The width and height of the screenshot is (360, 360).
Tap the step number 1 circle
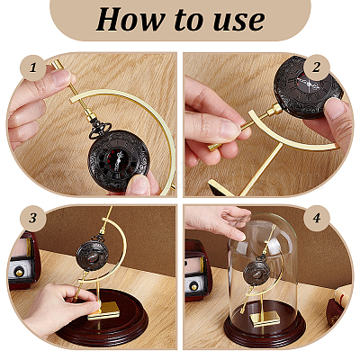33,67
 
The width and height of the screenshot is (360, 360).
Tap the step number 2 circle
317,67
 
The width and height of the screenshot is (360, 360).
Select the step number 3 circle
33,218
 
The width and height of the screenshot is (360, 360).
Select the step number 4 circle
317,218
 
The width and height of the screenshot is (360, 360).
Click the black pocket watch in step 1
119,160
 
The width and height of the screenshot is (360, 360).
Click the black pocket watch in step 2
308,87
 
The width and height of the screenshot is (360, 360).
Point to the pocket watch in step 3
92,256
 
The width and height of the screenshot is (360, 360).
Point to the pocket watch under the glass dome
256,274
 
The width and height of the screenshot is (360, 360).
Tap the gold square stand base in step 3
103,310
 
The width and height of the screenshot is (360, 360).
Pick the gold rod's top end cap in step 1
58,65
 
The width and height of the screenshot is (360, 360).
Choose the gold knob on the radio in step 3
20,273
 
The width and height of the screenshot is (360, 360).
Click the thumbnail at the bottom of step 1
139,184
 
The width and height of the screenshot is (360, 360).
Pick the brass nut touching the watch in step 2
274,110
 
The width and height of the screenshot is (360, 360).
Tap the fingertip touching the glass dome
240,237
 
